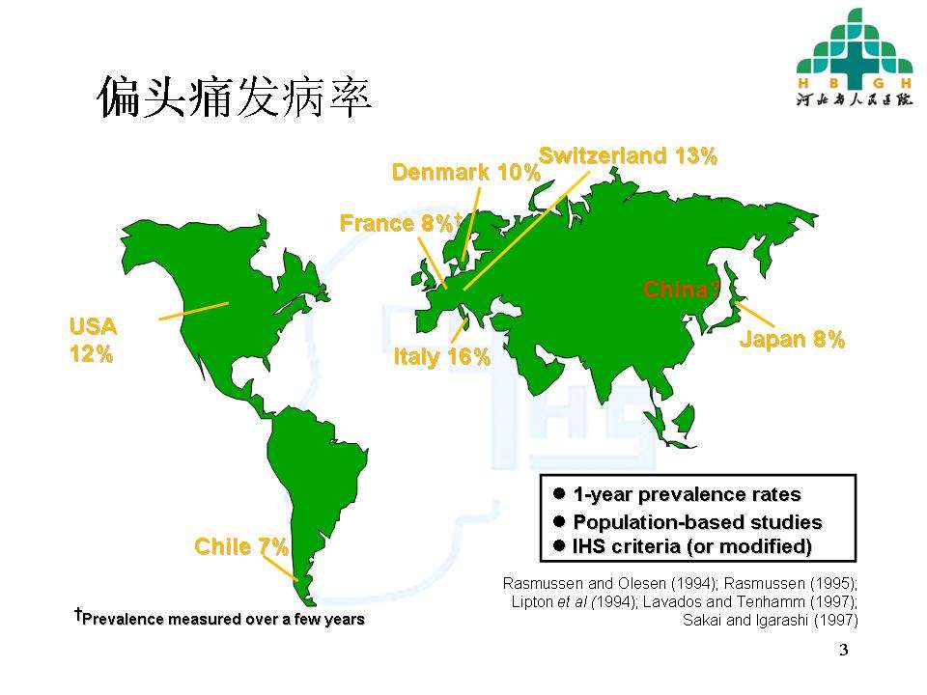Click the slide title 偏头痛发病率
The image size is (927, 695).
click(235, 98)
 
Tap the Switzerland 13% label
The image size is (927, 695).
click(628, 155)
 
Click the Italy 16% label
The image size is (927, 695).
click(441, 357)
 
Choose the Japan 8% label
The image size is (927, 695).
click(792, 339)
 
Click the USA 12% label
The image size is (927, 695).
click(92, 340)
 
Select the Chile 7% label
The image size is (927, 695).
click(241, 547)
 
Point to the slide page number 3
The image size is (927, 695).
click(843, 650)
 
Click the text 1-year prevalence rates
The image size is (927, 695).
click(687, 495)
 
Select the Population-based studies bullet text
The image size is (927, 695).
click(697, 522)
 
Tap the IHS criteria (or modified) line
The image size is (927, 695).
click(691, 546)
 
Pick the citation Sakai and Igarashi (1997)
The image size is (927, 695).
click(770, 619)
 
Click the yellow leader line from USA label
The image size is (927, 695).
click(193, 311)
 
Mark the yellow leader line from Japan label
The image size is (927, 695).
click(755, 314)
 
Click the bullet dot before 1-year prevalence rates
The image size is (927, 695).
click(559, 493)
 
